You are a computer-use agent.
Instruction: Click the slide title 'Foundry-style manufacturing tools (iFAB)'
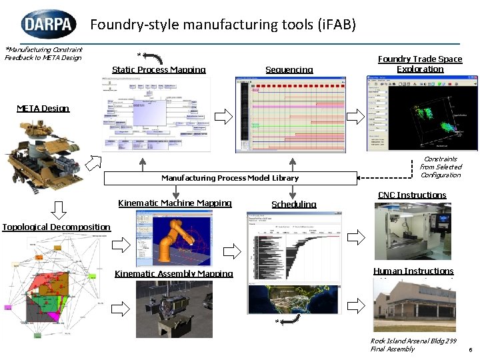coord(223,25)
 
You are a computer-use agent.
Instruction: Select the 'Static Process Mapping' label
coord(159,69)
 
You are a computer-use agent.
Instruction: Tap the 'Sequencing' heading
coord(289,69)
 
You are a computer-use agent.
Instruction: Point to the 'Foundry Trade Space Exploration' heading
coord(420,64)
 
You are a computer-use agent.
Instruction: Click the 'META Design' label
coord(43,108)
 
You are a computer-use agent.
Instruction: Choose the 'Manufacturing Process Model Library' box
coord(230,178)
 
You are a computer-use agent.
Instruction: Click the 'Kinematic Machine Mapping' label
coord(175,203)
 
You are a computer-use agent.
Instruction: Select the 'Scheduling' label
coord(294,204)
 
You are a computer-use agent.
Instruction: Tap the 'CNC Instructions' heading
coord(412,195)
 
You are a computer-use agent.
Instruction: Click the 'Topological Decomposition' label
coord(56,227)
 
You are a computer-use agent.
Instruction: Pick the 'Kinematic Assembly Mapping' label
coord(174,273)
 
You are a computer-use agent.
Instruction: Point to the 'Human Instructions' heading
coord(413,271)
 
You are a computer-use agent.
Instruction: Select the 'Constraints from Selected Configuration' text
coord(441,167)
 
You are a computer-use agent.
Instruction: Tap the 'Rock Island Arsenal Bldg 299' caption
coord(413,341)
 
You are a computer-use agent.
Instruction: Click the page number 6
coord(470,349)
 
